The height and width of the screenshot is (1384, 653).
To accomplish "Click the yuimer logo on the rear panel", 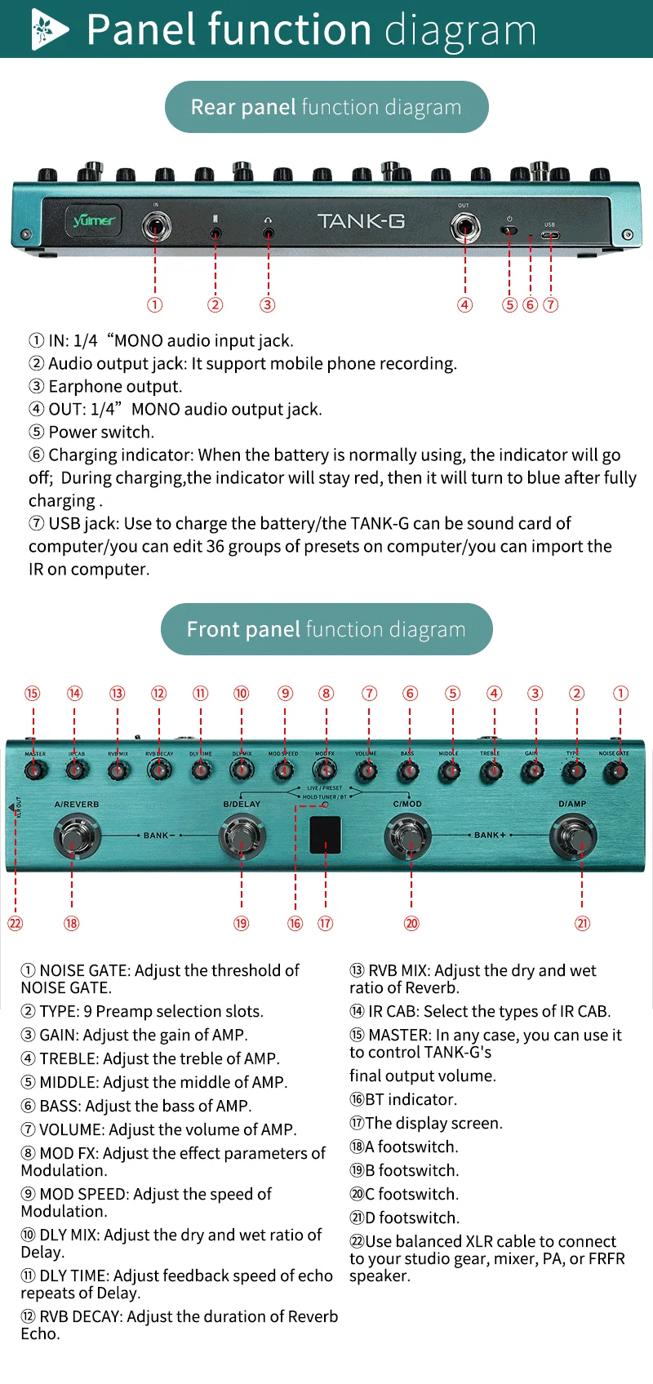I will click(94, 220).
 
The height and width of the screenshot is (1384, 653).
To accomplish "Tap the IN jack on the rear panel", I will click(155, 226).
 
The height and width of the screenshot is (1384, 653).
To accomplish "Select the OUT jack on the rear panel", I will click(465, 227).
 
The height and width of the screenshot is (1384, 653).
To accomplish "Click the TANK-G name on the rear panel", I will click(361, 221).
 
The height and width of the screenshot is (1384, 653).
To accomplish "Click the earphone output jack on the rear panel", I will click(268, 233).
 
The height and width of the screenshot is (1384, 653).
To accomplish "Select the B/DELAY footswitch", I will click(242, 836).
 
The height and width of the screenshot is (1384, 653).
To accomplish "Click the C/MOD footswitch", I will click(408, 836).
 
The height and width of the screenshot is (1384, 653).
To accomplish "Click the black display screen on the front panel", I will click(326, 833).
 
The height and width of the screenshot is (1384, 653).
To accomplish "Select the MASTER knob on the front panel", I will click(34, 769).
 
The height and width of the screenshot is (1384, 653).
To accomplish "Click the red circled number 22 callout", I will click(15, 924).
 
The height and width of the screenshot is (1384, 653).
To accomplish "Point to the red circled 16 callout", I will click(295, 924).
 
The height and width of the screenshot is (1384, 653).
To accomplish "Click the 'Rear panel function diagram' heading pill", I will click(326, 107).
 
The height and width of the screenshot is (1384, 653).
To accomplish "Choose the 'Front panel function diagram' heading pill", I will click(326, 629).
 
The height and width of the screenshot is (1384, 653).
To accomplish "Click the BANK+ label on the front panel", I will click(491, 836).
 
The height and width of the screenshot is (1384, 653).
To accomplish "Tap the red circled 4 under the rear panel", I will click(464, 305).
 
